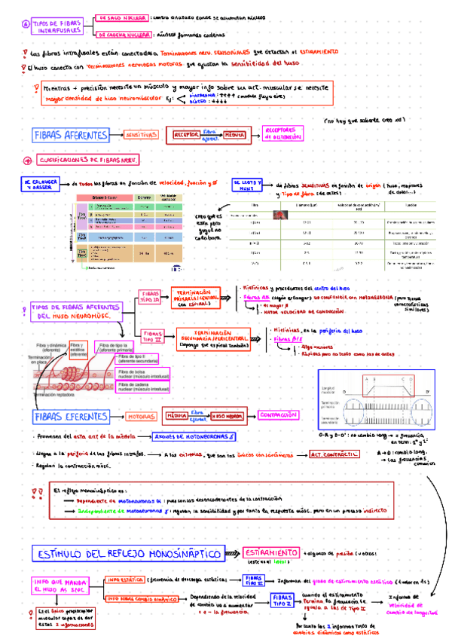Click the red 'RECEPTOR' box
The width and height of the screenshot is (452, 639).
tap(186, 135)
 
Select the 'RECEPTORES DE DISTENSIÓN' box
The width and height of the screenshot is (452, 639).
tap(282, 133)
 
